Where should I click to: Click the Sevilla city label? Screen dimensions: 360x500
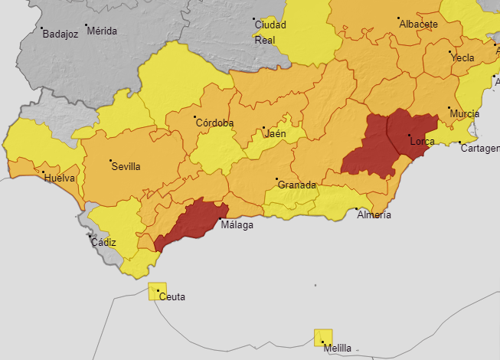click(126, 166)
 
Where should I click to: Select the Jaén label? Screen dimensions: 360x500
click(275, 133)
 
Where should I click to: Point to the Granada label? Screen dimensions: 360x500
click(296, 185)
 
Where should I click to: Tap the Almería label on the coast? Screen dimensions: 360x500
click(374, 215)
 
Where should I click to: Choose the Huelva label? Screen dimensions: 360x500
click(60, 178)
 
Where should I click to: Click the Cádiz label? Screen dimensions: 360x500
click(103, 242)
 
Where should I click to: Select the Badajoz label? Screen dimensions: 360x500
click(60, 34)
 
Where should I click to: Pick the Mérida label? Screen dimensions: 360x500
click(102, 31)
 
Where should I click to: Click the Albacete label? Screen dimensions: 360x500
click(418, 25)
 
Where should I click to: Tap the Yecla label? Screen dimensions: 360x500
click(462, 58)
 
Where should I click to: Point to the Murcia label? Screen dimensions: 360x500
click(464, 114)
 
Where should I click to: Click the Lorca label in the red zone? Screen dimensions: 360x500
click(423, 142)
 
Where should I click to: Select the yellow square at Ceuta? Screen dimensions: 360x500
click(157, 290)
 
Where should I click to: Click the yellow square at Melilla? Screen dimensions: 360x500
click(323, 337)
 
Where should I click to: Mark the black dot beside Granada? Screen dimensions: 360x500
click(276, 180)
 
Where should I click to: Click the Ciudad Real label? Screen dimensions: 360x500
click(270, 32)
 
